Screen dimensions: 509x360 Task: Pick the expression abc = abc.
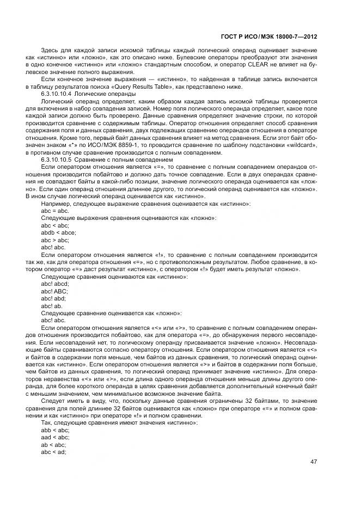[x=55, y=210]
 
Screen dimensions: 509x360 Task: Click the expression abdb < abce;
[x=59, y=232]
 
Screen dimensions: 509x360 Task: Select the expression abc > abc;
[x=55, y=240]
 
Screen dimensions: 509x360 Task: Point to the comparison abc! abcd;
[x=55, y=284]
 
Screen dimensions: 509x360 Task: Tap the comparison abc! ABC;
[x=56, y=291]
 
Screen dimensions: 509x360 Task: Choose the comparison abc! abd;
[x=54, y=298]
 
